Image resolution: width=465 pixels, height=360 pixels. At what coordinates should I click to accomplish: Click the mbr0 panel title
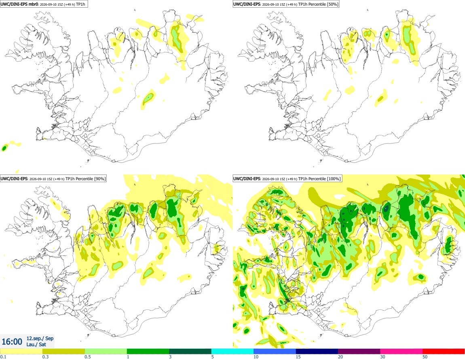click(x=44, y=4)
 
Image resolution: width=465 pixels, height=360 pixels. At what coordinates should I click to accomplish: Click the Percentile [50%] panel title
click(x=286, y=4)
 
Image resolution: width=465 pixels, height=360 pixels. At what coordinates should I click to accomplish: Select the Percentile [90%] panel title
click(x=53, y=179)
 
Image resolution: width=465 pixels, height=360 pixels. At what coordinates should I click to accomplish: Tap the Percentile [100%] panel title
click(x=287, y=179)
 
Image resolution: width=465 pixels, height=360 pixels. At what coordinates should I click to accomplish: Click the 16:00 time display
click(x=12, y=342)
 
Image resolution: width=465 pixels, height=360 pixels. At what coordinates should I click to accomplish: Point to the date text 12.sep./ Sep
click(x=40, y=338)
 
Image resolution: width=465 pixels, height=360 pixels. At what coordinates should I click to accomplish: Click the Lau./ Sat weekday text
click(x=36, y=344)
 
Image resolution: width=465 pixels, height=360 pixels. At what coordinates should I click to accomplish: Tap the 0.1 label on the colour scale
click(x=3, y=357)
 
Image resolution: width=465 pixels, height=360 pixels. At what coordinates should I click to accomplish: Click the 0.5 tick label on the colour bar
click(x=87, y=357)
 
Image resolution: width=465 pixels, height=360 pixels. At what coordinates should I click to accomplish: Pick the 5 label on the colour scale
click(x=212, y=357)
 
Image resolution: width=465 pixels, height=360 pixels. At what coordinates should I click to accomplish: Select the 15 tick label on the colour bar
click(x=298, y=357)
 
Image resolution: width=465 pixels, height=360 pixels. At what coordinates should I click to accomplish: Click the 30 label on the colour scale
click(x=383, y=357)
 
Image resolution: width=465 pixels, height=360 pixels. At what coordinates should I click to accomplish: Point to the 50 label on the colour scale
click(x=425, y=357)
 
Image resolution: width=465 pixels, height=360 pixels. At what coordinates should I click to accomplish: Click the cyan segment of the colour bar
click(x=232, y=352)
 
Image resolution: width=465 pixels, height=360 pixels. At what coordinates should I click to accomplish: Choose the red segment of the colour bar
click(x=444, y=352)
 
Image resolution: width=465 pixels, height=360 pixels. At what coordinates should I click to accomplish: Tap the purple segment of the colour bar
click(x=359, y=352)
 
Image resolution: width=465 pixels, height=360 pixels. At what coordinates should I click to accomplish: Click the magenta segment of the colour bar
click(x=401, y=352)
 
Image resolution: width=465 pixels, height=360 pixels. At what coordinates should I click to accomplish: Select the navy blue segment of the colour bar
click(x=317, y=352)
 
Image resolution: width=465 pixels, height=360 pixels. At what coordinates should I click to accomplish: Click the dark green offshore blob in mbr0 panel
click(x=4, y=148)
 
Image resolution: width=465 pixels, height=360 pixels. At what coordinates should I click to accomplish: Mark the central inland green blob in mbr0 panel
click(x=148, y=98)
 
